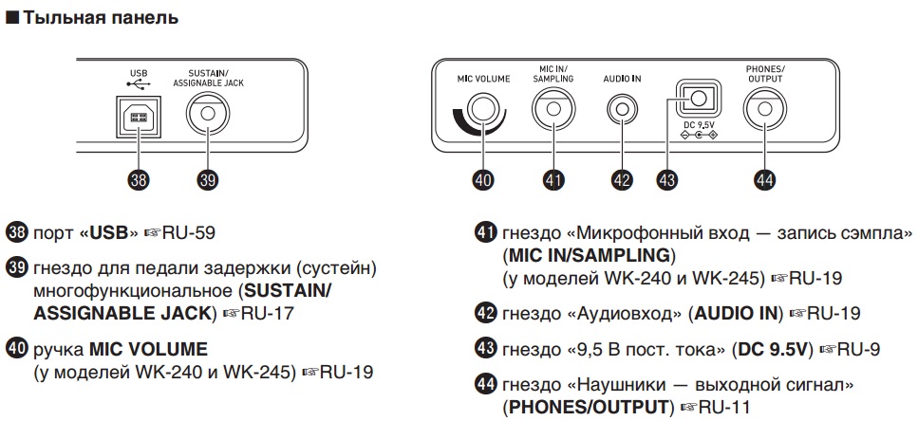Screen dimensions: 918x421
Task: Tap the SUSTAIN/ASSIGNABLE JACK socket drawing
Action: [x=207, y=115]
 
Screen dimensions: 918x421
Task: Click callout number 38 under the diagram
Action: [x=139, y=180]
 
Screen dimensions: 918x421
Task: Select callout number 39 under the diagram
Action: [x=207, y=180]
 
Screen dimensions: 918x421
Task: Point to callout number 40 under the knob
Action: [x=483, y=180]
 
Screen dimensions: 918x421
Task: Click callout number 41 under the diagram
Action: [x=553, y=180]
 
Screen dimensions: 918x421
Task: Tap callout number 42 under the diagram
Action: [x=622, y=180]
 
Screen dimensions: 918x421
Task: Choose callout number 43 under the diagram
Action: [x=666, y=180]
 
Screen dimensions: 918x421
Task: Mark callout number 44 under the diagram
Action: [x=764, y=180]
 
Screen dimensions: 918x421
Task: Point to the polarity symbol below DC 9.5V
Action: [x=699, y=136]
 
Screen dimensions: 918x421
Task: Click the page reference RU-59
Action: [x=189, y=233]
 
